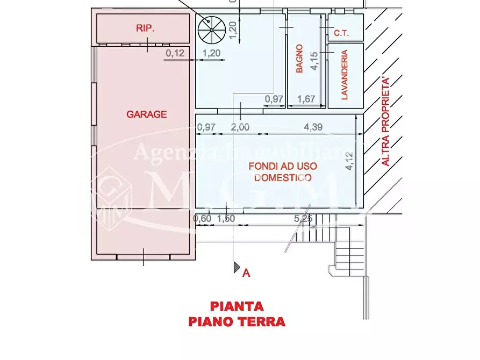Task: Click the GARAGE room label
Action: click(146, 114)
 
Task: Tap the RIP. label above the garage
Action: click(145, 29)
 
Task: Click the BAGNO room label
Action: click(300, 59)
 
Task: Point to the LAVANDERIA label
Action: click(345, 75)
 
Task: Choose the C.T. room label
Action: click(341, 34)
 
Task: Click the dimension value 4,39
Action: click(313, 127)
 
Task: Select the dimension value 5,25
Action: click(303, 219)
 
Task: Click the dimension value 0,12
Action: click(175, 53)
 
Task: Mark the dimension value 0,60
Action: click(202, 219)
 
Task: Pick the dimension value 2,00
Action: click(240, 127)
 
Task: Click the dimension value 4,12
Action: click(349, 161)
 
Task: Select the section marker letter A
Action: click(246, 273)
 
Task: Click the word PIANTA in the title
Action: click(237, 306)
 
